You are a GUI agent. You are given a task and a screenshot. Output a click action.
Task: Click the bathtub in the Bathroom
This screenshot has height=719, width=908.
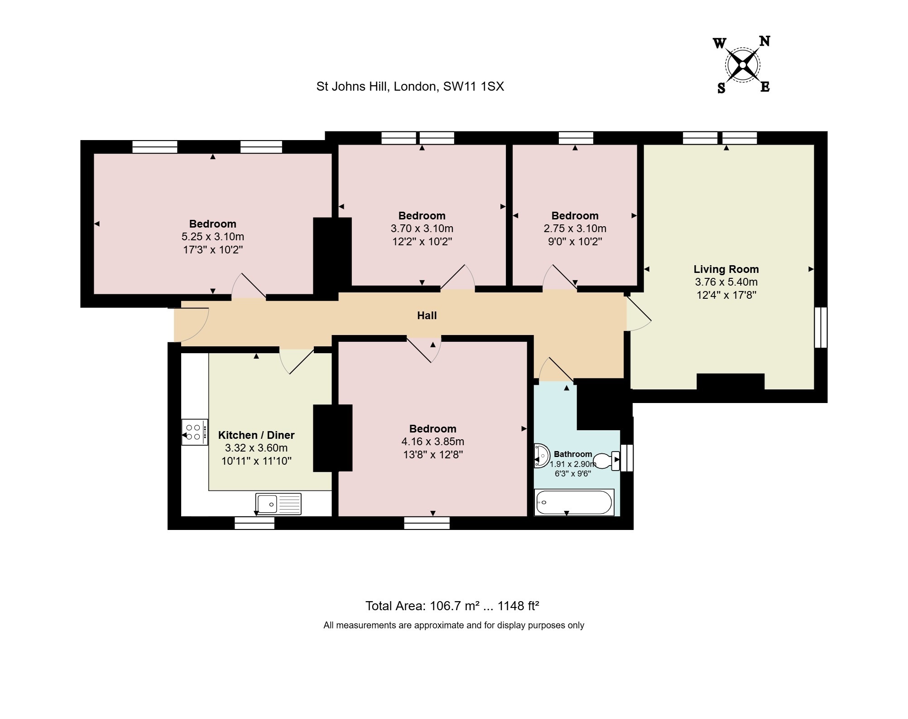coord(574,502)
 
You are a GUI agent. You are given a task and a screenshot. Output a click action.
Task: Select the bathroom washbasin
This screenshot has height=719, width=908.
coord(541,455)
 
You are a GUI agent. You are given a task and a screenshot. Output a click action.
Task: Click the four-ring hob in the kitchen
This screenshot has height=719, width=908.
coord(194,432)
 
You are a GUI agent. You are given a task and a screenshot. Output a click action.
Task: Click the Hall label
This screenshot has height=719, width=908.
coord(427,316)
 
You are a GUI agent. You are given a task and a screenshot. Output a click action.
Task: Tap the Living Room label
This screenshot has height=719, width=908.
coord(726,269)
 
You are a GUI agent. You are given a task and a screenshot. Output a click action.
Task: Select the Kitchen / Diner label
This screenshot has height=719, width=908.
coord(256,435)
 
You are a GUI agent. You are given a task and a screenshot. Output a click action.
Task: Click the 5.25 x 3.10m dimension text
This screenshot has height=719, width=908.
coord(213,237)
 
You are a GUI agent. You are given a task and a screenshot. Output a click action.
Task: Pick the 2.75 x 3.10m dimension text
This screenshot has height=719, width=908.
coord(575,228)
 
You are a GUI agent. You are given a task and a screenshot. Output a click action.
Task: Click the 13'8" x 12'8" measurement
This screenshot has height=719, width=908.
coord(433,454)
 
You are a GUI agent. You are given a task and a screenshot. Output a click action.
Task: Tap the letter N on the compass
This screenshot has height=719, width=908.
coord(764,42)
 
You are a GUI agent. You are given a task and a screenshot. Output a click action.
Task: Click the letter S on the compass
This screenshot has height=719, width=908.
coord(721,88)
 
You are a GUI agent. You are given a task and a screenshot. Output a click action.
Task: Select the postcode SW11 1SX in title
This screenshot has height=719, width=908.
coord(473,87)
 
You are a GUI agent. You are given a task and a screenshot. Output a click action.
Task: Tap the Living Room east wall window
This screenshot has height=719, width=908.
coord(821,327)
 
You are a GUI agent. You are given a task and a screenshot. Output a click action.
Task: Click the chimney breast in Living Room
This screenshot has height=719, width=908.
coord(730,382)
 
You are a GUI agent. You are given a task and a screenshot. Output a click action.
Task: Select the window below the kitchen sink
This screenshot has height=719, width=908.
coord(255,524)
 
